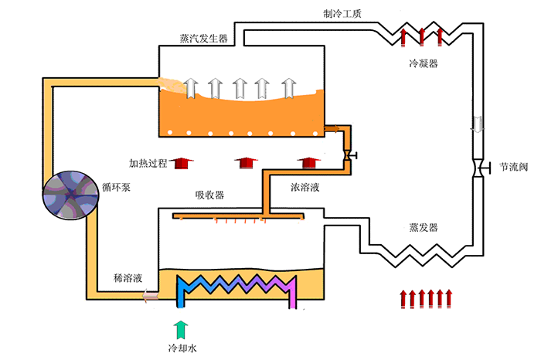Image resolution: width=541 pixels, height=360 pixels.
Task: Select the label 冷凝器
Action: pos(423,63)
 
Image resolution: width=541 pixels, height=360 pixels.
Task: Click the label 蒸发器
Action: pos(423,228)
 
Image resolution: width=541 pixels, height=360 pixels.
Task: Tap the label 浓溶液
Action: pos(307,187)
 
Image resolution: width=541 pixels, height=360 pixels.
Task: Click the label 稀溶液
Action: pos(127,277)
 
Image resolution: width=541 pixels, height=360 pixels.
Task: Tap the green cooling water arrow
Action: pos(182,328)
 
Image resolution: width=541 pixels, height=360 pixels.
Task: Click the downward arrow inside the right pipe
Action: pos(477,124)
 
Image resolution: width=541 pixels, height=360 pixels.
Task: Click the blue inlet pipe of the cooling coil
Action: pos(182,297)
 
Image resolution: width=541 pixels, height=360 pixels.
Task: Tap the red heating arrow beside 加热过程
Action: pos(182,163)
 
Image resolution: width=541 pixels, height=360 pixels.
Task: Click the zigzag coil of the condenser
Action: pos(421,36)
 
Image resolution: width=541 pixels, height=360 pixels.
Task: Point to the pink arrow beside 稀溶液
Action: pos(146,294)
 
